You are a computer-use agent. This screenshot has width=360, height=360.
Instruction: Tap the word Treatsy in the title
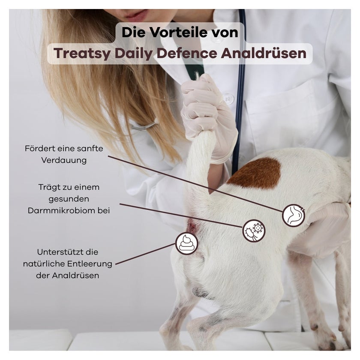click(x=82, y=54)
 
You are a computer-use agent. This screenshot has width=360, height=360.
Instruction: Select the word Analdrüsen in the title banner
click(x=264, y=53)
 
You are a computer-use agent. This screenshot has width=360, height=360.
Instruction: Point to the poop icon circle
click(x=187, y=243)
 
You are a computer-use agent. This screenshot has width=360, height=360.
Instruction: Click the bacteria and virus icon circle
click(x=254, y=231)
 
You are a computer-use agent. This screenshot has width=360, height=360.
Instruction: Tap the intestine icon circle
click(x=294, y=215)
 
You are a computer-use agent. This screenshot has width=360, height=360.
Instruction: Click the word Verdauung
click(x=64, y=160)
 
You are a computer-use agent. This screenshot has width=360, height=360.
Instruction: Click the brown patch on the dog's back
click(x=255, y=173)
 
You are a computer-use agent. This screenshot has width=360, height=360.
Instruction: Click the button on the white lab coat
click(x=228, y=99)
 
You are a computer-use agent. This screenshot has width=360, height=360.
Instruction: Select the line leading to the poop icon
click(x=145, y=254)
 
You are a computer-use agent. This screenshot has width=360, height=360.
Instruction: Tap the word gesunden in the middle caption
click(x=69, y=199)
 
